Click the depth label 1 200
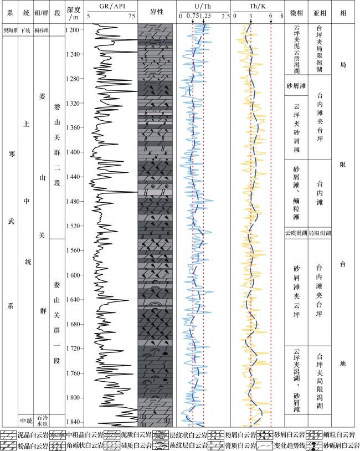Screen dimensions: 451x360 pyautogui.click(x=73, y=29)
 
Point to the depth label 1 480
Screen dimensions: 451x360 pyautogui.click(x=73, y=201)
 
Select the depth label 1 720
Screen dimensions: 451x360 pyautogui.click(x=73, y=348)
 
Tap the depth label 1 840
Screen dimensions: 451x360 pyautogui.click(x=73, y=422)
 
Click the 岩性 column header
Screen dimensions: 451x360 pyautogui.click(x=157, y=12)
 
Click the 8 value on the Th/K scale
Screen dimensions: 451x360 pyautogui.click(x=281, y=17)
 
